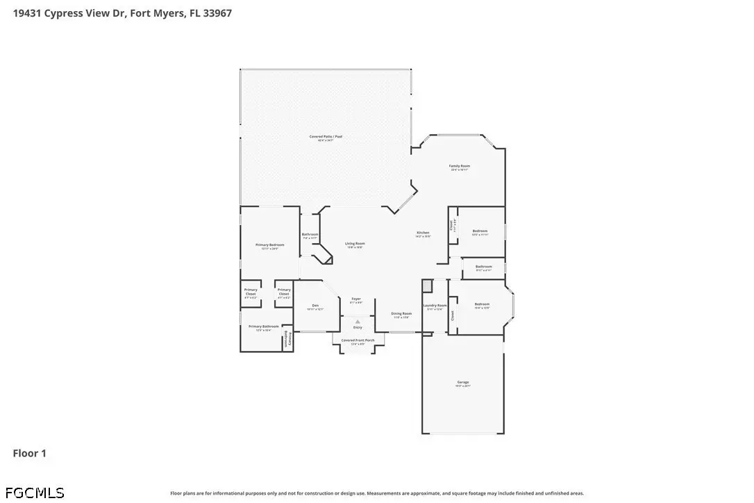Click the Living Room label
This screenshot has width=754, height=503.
pyautogui.click(x=355, y=244)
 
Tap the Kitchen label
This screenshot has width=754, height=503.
pyautogui.click(x=423, y=233)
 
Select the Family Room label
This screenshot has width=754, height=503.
pyautogui.click(x=460, y=166)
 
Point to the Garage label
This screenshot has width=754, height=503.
pyautogui.click(x=463, y=383)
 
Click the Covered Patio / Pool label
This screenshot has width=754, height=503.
pyautogui.click(x=326, y=137)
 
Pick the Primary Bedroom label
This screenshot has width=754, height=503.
pyautogui.click(x=270, y=245)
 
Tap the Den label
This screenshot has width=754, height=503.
pyautogui.click(x=315, y=306)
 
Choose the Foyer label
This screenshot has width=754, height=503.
pyautogui.click(x=356, y=299)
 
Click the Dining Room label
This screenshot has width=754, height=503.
pyautogui.click(x=401, y=314)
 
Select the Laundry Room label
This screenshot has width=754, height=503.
pyautogui.click(x=435, y=306)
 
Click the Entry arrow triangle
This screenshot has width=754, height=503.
pyautogui.click(x=358, y=322)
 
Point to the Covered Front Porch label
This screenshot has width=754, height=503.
pyautogui.click(x=358, y=340)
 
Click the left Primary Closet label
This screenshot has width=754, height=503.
pyautogui.click(x=251, y=292)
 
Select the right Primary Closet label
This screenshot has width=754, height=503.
pyautogui.click(x=284, y=292)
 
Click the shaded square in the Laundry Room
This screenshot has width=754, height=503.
pyautogui.click(x=428, y=286)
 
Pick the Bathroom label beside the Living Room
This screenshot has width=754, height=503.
pyautogui.click(x=310, y=235)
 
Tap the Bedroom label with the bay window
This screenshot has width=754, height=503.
pyautogui.click(x=482, y=304)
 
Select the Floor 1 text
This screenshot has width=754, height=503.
pyautogui.click(x=30, y=454)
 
